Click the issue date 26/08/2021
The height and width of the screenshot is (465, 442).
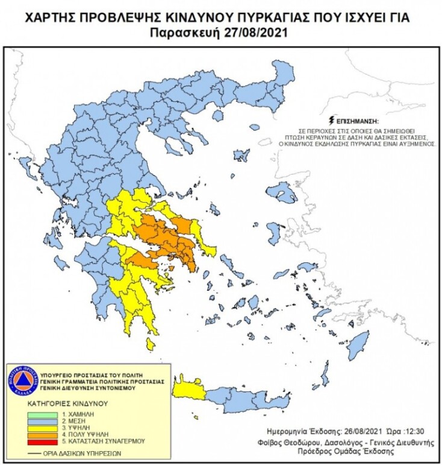[344, 431]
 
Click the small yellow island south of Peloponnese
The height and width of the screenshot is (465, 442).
[151, 344]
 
